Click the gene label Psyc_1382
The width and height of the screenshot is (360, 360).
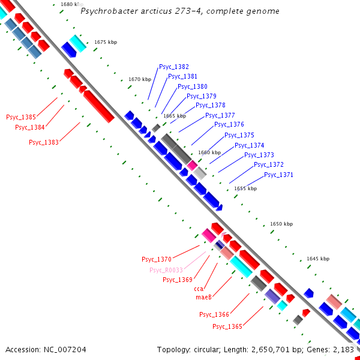174,67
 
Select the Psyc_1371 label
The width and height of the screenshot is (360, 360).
278,175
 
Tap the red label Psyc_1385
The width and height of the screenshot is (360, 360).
21,117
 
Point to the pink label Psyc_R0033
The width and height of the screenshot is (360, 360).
166,270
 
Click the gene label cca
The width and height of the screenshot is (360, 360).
199,289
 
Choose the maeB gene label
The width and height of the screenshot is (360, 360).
203,297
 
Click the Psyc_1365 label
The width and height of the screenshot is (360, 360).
227,326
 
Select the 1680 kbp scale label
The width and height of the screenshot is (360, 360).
73,4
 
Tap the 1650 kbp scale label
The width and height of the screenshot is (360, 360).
281,224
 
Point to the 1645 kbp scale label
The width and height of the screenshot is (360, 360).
318,259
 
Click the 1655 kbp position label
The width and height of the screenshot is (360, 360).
245,188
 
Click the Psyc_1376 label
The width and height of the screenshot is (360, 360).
229,124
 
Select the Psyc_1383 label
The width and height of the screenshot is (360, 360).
44,142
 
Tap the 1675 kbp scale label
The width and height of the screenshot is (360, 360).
105,42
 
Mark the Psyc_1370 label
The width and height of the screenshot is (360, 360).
157,259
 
